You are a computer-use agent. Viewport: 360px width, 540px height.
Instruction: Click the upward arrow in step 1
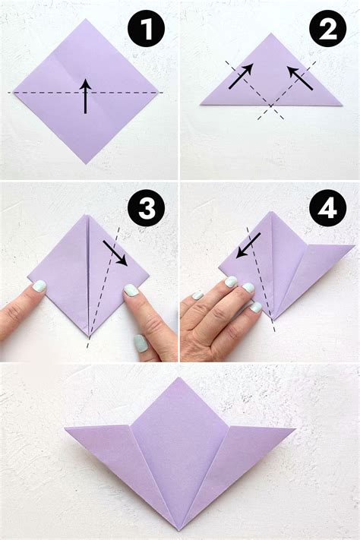86,96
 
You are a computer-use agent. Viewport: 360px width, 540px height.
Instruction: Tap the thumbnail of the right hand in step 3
141,343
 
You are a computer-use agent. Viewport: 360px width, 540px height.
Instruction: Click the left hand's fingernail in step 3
38,286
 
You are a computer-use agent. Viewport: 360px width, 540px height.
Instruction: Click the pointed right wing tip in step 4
353,245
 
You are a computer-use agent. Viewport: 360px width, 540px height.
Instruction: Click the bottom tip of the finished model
180,529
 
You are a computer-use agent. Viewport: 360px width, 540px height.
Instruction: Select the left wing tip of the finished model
65,428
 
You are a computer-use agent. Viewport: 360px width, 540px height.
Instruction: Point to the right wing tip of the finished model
294,428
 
